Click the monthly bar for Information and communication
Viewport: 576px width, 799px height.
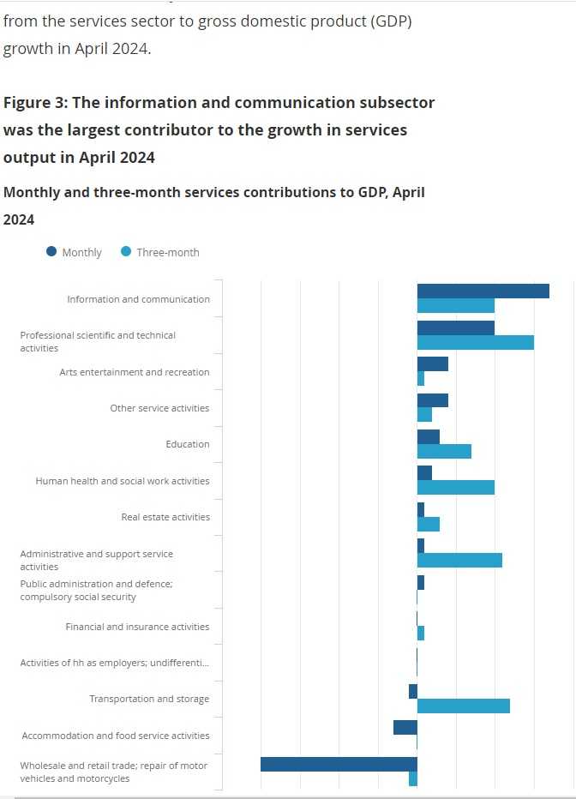(x=483, y=291)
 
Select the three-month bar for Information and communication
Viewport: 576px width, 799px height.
(x=456, y=306)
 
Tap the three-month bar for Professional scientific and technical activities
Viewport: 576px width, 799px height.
(x=475, y=342)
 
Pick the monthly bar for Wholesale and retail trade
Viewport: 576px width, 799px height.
(x=339, y=764)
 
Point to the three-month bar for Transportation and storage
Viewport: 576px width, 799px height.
(x=463, y=706)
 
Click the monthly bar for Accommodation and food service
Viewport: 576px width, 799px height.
(x=405, y=727)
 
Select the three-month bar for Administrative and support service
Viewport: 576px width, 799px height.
(x=459, y=561)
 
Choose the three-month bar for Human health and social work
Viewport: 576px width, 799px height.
(x=456, y=488)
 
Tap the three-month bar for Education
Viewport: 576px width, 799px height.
(x=444, y=451)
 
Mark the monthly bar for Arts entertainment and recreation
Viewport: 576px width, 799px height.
(x=432, y=364)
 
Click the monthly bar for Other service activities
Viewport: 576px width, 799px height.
(x=432, y=400)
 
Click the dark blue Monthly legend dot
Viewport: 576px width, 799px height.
(x=51, y=252)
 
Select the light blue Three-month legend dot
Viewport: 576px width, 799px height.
(x=126, y=252)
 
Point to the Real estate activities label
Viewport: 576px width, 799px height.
(x=165, y=518)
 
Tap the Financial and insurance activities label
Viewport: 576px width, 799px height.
(x=137, y=627)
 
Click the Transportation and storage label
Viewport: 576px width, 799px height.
(x=149, y=700)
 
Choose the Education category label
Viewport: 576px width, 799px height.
(x=187, y=445)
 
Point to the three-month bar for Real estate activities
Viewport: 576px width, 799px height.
(x=428, y=524)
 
